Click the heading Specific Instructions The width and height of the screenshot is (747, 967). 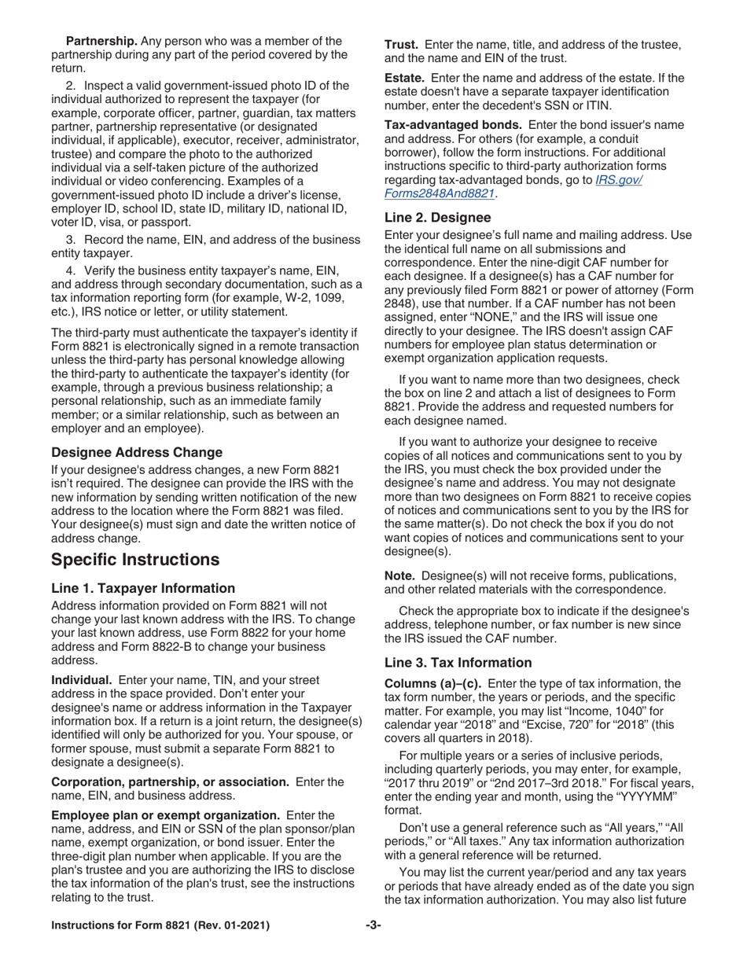134,560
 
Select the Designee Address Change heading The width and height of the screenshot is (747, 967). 137,452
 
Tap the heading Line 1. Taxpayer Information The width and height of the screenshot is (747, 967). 143,588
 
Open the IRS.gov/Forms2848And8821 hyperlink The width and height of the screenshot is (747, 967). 513,186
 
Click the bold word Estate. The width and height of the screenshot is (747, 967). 403,77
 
